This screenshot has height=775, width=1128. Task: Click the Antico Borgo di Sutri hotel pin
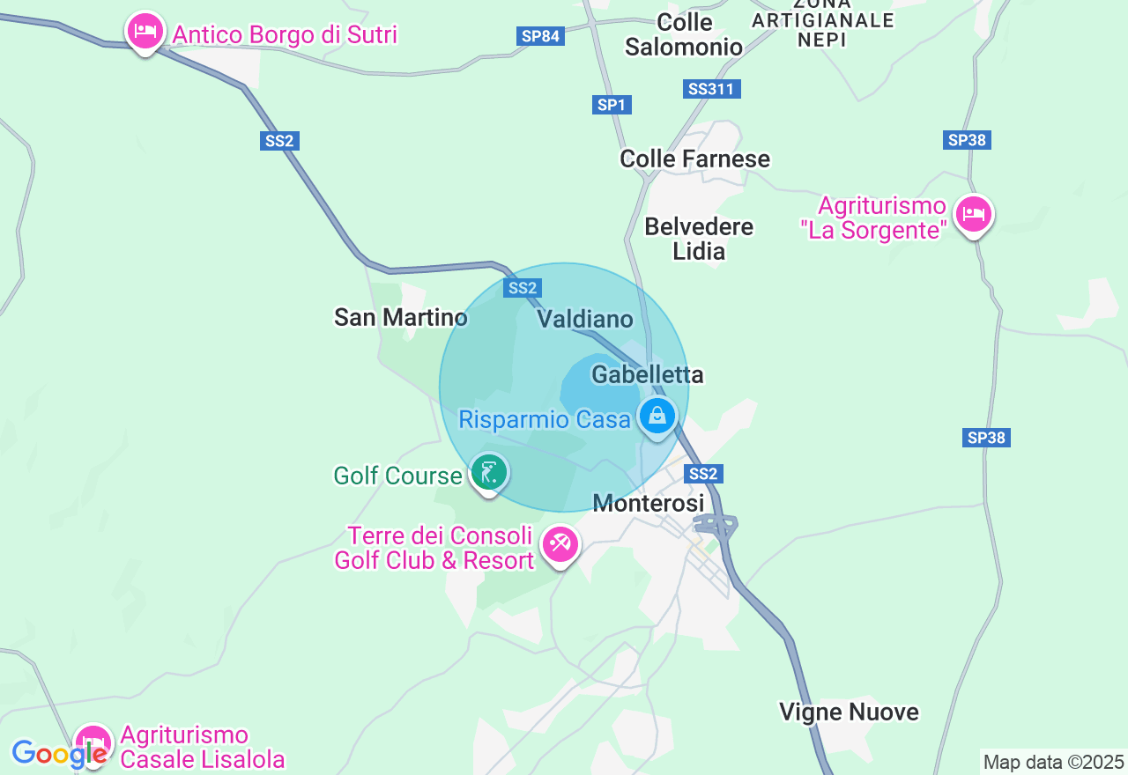click(145, 33)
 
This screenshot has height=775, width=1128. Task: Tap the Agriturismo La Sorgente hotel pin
click(974, 214)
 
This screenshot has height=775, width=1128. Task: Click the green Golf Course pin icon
click(489, 473)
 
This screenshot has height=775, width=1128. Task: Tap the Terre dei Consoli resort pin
click(560, 544)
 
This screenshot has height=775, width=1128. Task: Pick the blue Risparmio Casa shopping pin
click(657, 417)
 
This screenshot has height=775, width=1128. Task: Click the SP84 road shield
click(540, 36)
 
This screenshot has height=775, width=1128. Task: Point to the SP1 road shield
click(612, 105)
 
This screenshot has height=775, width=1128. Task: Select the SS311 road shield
click(712, 89)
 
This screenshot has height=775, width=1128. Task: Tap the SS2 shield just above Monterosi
click(703, 474)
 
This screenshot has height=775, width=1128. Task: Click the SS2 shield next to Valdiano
click(523, 288)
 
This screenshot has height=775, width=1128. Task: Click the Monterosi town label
click(649, 503)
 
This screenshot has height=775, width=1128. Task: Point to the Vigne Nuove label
click(849, 712)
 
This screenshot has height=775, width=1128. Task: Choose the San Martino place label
click(401, 317)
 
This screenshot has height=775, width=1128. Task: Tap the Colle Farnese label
click(694, 159)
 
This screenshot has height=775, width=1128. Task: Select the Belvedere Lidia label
click(699, 239)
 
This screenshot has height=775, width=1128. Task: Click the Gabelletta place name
click(648, 374)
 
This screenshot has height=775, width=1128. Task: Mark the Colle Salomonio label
click(684, 34)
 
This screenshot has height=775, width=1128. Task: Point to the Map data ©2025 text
click(1053, 762)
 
